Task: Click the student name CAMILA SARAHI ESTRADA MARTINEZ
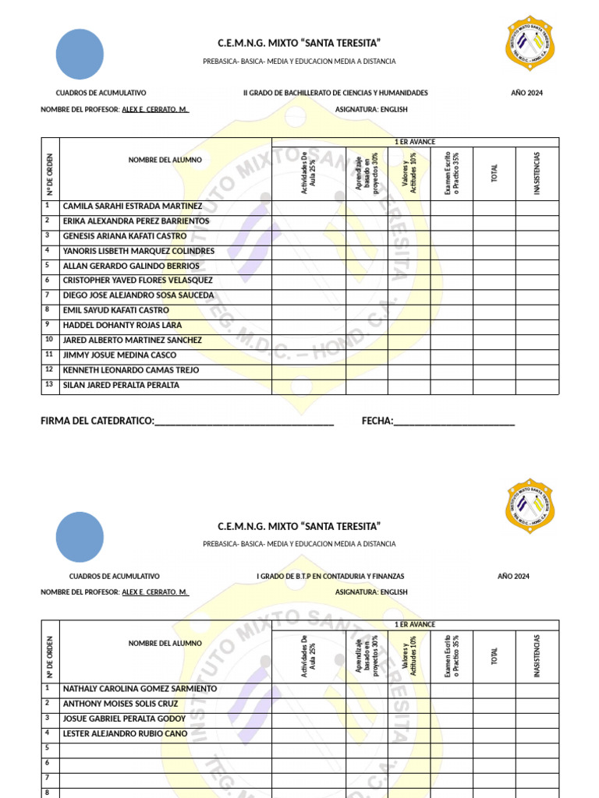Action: point(132,207)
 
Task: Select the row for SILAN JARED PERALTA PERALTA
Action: point(121,385)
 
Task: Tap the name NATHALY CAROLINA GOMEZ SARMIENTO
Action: point(140,689)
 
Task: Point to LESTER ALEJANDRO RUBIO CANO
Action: point(125,733)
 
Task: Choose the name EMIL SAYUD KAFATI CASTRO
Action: point(115,310)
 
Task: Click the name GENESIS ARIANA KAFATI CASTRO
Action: point(124,236)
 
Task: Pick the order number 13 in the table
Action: point(48,384)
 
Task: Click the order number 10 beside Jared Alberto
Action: point(48,340)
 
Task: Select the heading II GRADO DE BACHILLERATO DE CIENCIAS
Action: point(335,93)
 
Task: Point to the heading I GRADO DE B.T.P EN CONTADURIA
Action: point(331,576)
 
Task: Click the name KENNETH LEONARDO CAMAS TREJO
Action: point(130,370)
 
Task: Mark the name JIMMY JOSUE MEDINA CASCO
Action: point(119,355)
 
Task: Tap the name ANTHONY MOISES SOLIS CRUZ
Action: point(120,704)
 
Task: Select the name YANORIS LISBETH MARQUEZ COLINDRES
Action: point(138,251)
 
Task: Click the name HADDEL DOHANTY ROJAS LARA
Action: point(122,325)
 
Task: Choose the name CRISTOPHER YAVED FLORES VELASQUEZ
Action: point(137,281)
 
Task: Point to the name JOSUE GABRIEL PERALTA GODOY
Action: point(124,719)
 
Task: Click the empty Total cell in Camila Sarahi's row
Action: point(494,207)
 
